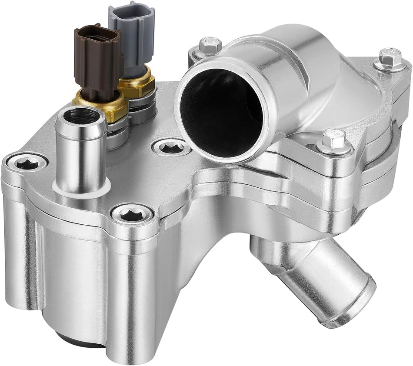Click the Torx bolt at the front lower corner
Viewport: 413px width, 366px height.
coord(132,213)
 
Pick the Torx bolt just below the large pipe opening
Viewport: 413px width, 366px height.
coord(171,148)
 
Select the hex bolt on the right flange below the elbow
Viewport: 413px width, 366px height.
coord(333,140)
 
